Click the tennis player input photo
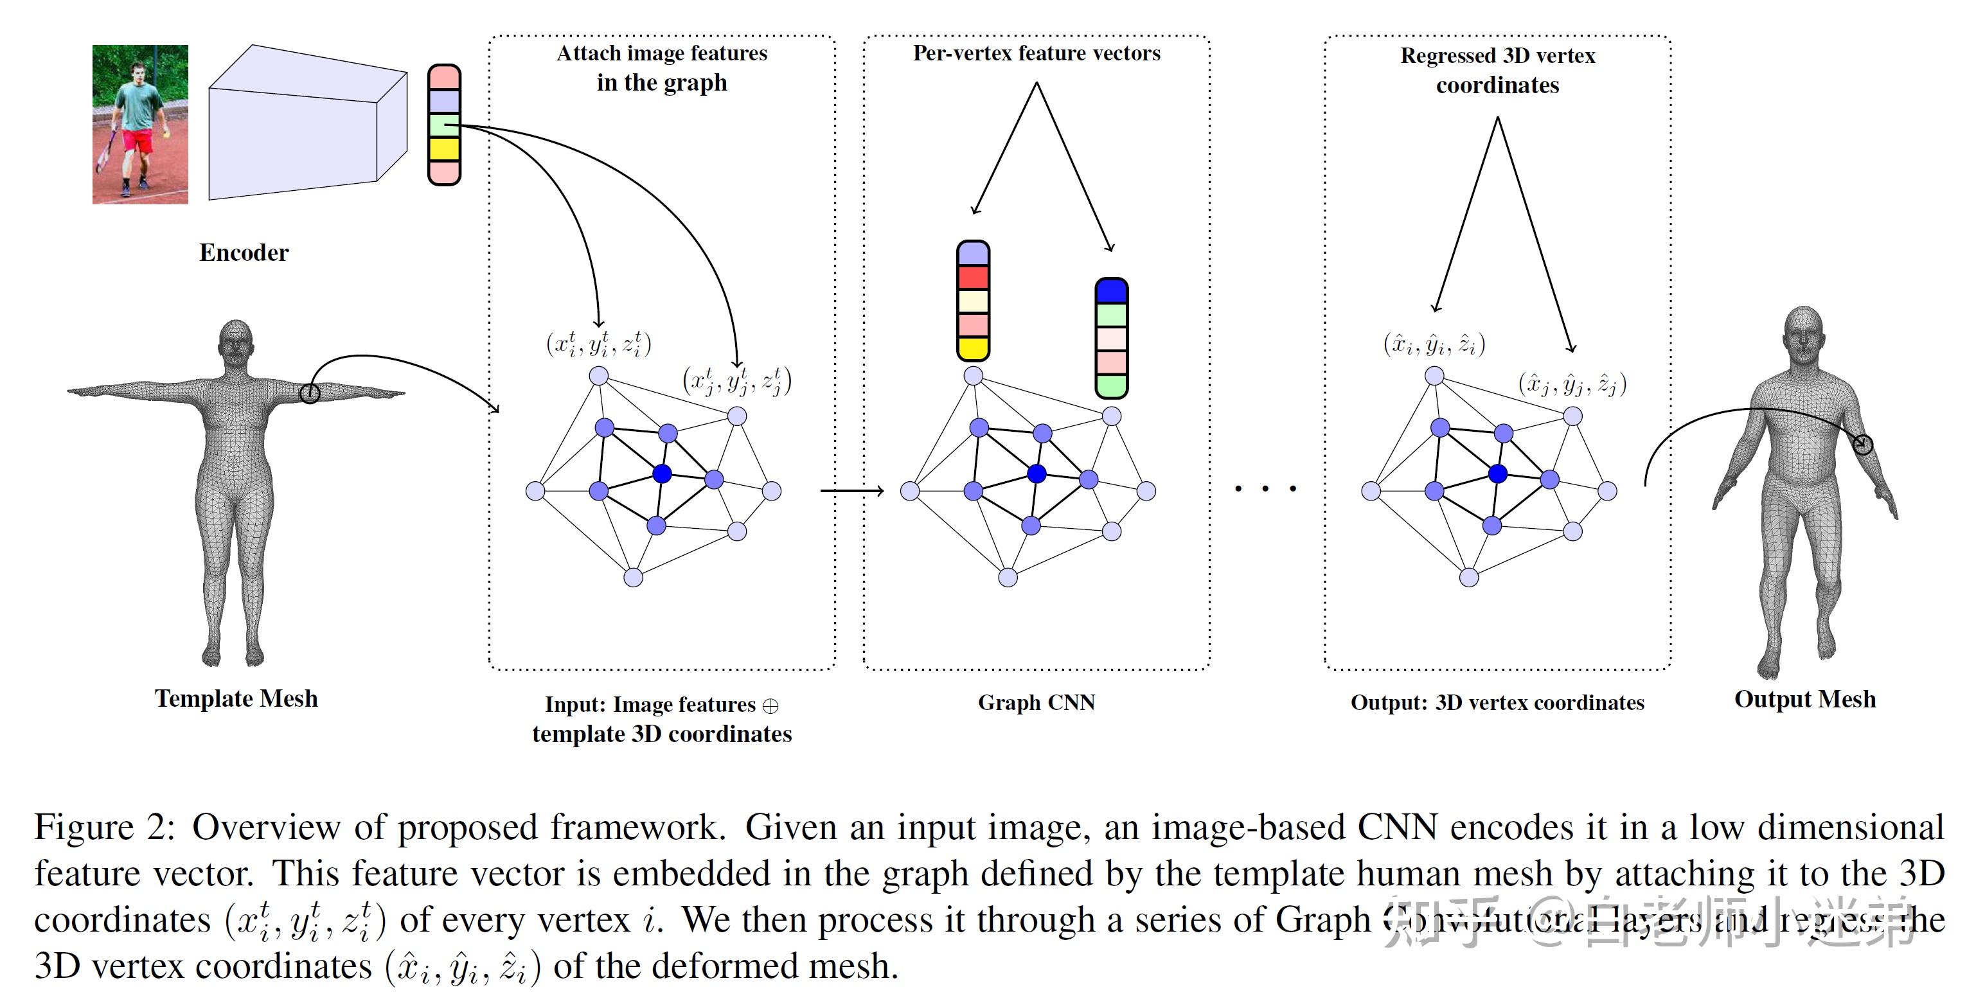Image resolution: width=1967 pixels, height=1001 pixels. (139, 124)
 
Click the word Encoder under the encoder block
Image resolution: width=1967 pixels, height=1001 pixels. (244, 252)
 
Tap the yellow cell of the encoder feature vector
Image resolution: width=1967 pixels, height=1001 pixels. (443, 149)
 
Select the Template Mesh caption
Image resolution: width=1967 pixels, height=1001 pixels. (236, 698)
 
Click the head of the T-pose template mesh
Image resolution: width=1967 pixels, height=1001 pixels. (236, 342)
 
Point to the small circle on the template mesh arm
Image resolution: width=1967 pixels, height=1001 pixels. (309, 393)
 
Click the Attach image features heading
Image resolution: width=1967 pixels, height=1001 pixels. (661, 67)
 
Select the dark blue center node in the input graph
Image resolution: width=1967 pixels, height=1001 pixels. (662, 474)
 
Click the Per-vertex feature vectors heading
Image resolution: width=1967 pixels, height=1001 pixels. (1036, 53)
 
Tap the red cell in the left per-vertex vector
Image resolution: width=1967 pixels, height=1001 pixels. (973, 277)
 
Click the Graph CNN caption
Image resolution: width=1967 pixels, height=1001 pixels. (1036, 702)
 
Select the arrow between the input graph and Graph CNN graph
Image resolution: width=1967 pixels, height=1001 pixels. (851, 490)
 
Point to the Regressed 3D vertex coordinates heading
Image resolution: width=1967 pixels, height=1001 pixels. (1497, 70)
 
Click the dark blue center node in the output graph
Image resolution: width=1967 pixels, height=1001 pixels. (1498, 474)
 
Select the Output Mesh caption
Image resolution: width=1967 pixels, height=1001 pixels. (1804, 700)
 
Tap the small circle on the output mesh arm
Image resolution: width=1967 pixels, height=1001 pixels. (1864, 445)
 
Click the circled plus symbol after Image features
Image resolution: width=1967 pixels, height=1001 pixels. (770, 706)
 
